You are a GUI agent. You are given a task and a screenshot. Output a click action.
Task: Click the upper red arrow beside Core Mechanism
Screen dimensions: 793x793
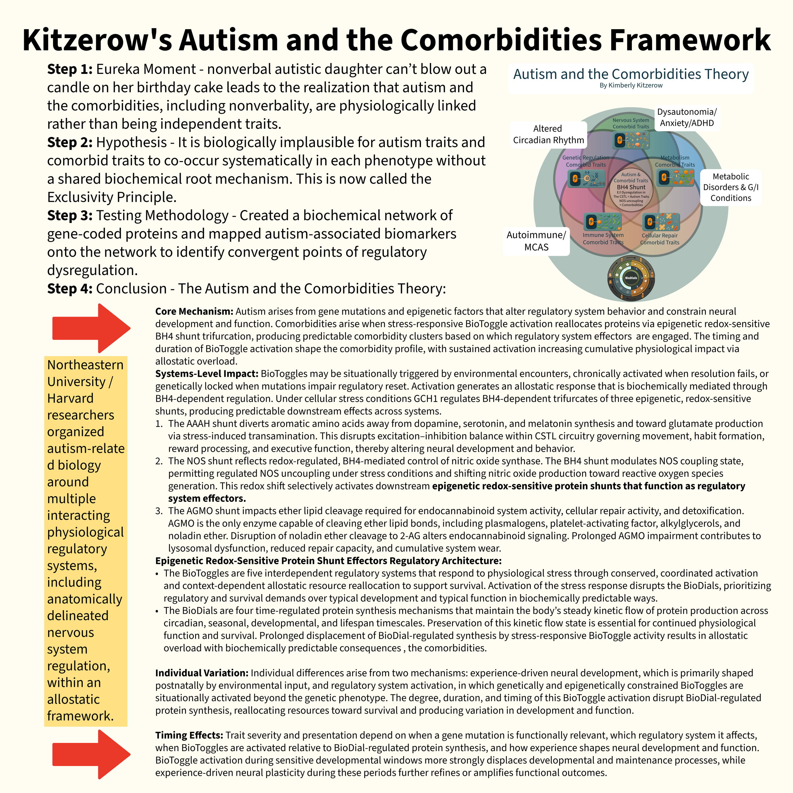pyautogui.click(x=91, y=328)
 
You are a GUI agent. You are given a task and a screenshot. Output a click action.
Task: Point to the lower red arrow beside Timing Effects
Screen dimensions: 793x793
pyautogui.click(x=91, y=754)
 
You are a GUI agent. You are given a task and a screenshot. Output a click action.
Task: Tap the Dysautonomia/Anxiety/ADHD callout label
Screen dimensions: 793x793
pyautogui.click(x=687, y=118)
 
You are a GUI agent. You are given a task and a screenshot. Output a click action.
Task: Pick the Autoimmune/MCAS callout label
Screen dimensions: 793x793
pyautogui.click(x=536, y=241)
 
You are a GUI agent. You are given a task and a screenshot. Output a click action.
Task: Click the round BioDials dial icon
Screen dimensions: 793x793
pyautogui.click(x=631, y=278)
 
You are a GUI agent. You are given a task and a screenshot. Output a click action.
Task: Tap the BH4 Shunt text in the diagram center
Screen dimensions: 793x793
pyautogui.click(x=631, y=187)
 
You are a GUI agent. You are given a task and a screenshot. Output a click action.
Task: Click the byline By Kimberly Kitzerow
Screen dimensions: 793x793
pyautogui.click(x=631, y=85)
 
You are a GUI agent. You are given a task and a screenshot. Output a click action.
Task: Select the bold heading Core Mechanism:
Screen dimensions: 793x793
pyautogui.click(x=194, y=311)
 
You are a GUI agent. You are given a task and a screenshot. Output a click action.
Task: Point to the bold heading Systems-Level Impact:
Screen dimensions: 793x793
pyautogui.click(x=206, y=374)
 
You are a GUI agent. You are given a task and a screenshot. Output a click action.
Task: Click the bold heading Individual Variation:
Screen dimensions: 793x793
pyautogui.click(x=201, y=673)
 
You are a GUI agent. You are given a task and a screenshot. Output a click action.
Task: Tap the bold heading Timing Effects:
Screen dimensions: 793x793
pyautogui.click(x=189, y=735)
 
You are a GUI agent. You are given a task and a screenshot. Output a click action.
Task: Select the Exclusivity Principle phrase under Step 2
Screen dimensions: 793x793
pyautogui.click(x=112, y=197)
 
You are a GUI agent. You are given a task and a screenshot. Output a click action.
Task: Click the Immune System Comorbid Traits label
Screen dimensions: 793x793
pyautogui.click(x=603, y=239)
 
